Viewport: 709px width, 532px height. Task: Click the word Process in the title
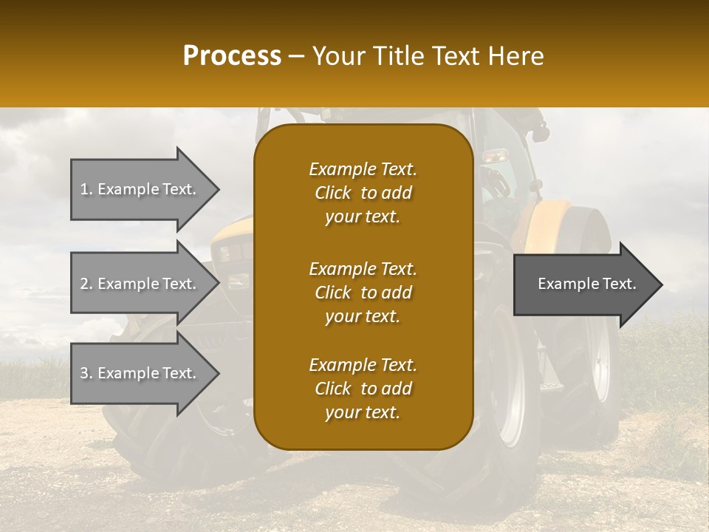(x=232, y=56)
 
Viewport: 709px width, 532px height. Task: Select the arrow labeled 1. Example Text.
(x=140, y=189)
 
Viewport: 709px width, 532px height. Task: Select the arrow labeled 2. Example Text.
(x=140, y=284)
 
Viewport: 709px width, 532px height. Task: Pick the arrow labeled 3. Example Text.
(x=140, y=373)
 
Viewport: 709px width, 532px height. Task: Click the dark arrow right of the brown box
(x=583, y=284)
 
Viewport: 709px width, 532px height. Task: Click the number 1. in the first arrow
(x=86, y=189)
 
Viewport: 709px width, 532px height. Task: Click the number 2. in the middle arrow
(x=86, y=284)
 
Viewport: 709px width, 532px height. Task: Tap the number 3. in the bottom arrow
(x=86, y=373)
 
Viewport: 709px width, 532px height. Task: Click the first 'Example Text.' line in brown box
(x=363, y=169)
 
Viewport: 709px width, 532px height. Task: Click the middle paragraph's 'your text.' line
(x=363, y=316)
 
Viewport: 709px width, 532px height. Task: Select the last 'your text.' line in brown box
(x=363, y=413)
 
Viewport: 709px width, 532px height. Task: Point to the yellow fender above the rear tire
(x=550, y=222)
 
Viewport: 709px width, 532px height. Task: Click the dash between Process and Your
(x=297, y=56)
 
